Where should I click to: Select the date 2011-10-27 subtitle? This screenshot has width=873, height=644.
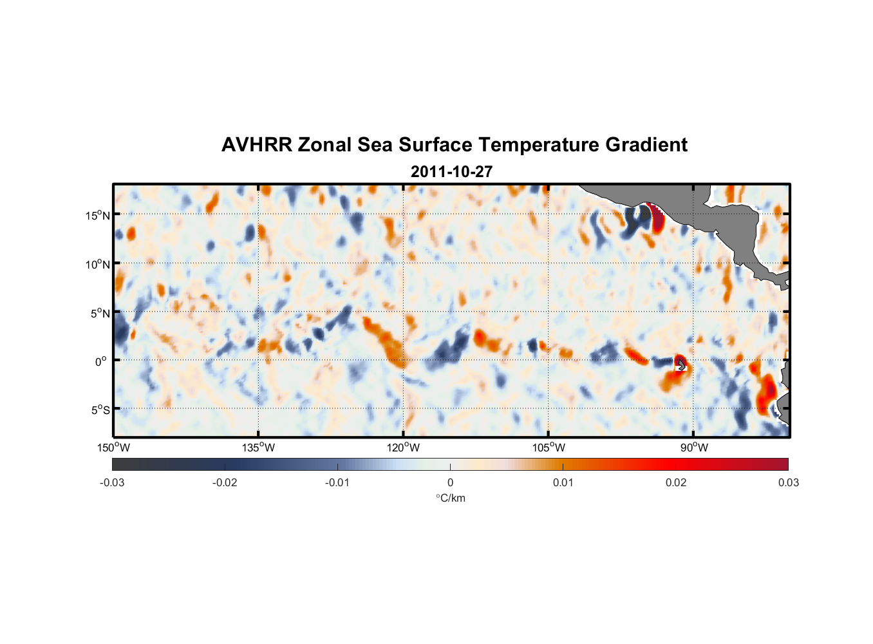coord(451,172)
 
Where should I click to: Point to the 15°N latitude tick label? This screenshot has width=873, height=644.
coord(98,215)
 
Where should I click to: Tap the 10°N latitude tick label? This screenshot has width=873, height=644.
coord(98,264)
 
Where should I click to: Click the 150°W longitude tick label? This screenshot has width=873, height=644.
coord(113,448)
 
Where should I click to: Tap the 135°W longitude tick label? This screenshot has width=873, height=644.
coord(258,448)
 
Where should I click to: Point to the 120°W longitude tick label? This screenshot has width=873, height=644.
coord(404,448)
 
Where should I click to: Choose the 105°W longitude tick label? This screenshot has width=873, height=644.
coord(549,448)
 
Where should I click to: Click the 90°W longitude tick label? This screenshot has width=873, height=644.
coord(694,448)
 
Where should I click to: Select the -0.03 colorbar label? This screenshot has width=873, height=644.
coord(112,482)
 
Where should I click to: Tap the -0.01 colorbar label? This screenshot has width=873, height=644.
coord(337,482)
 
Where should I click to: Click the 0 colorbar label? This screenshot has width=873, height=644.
coord(450,482)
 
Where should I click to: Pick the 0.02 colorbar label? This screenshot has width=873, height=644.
coord(676,482)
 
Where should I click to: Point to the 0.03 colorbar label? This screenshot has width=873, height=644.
coord(788,482)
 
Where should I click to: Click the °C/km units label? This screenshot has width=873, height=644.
coord(450,498)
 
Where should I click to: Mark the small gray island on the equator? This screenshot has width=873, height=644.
coord(681,365)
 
